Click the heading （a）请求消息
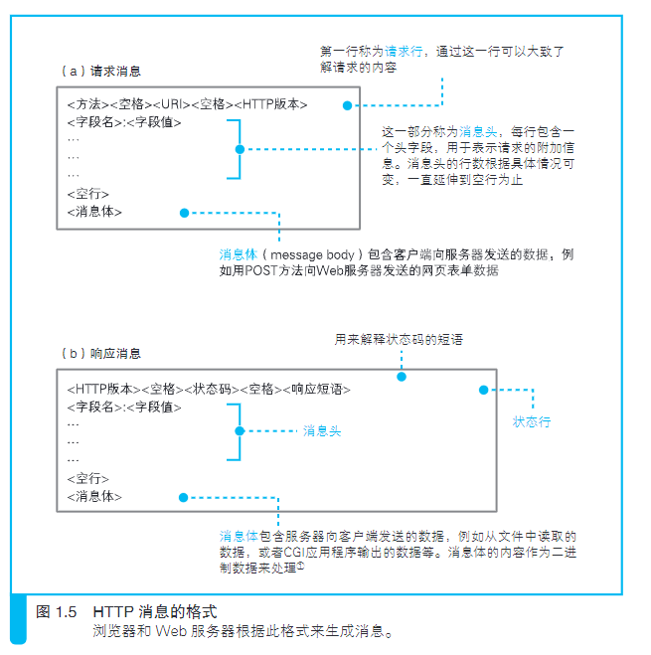[101, 71]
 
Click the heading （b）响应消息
[101, 354]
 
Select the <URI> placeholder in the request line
[172, 104]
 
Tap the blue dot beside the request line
[347, 105]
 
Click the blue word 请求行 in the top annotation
[404, 52]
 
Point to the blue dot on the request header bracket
[240, 149]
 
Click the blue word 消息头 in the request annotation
[478, 132]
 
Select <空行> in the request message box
[88, 194]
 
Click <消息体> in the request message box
[94, 212]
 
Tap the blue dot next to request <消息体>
[184, 213]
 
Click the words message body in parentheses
[312, 254]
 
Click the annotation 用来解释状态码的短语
[399, 340]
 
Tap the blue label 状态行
[532, 421]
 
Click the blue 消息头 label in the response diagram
[322, 431]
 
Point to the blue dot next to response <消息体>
[183, 498]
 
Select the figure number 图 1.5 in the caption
[56, 612]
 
